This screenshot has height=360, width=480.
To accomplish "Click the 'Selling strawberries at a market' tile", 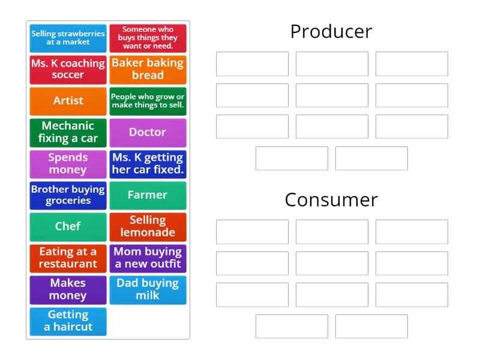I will click(x=68, y=38).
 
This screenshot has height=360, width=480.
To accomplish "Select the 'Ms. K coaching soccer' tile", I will click(x=68, y=69).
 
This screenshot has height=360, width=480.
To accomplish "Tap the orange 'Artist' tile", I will click(x=68, y=101).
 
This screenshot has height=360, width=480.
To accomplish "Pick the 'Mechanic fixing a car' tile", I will click(x=68, y=132).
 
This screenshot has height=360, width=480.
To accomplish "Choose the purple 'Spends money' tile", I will click(x=68, y=163).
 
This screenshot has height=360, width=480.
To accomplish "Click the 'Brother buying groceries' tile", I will click(x=68, y=195).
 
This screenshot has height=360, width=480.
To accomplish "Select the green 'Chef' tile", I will click(x=68, y=226).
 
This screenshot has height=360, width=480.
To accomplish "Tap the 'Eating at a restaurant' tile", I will click(x=68, y=258).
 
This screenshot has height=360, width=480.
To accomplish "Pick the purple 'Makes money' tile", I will click(x=68, y=289).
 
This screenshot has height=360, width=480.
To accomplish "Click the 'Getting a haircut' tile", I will click(x=68, y=321).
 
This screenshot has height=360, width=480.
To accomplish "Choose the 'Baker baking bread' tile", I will click(x=148, y=69).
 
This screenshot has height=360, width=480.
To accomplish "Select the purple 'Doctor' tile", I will click(x=148, y=132).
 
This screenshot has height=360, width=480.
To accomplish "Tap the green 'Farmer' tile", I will click(x=148, y=195).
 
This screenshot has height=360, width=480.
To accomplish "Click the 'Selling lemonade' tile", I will click(x=148, y=226).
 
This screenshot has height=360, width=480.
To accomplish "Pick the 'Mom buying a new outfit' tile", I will click(x=148, y=258).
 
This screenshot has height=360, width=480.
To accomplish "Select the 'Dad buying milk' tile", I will click(x=148, y=289).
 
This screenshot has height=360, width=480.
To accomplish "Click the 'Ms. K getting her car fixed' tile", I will click(x=148, y=163).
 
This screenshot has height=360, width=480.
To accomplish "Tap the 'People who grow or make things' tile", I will click(x=148, y=101).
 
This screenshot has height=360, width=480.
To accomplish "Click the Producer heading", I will click(x=331, y=31).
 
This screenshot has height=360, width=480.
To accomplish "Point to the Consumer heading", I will click(x=331, y=199).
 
